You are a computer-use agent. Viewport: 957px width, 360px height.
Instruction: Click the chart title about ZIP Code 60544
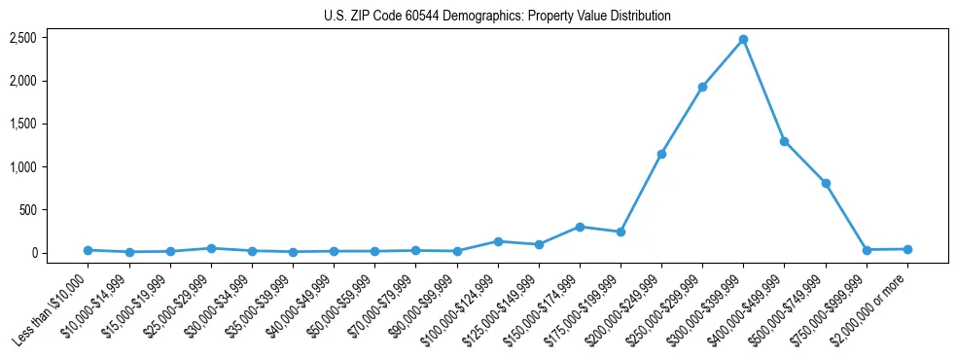click(497, 17)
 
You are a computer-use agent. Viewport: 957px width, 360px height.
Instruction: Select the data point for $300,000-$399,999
click(743, 40)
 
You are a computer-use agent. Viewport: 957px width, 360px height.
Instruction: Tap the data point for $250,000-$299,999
click(702, 87)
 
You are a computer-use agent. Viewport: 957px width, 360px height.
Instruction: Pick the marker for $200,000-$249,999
click(661, 154)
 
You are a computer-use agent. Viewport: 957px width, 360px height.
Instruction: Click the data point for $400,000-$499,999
click(784, 141)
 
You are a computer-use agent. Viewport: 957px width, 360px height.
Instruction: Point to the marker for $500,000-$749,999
click(826, 183)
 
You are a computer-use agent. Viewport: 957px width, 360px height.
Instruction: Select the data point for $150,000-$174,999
click(580, 227)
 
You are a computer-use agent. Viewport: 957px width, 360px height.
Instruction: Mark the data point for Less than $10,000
click(88, 250)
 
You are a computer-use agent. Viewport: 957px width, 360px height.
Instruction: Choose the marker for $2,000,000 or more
click(907, 249)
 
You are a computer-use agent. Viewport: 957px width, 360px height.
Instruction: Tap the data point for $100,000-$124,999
click(498, 241)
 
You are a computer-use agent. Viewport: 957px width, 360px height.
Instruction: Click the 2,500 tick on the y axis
click(23, 38)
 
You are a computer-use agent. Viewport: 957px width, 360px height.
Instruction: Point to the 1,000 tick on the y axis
click(23, 166)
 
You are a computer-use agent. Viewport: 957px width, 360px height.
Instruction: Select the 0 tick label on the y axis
click(33, 253)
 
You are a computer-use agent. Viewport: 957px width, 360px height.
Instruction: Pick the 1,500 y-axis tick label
click(23, 124)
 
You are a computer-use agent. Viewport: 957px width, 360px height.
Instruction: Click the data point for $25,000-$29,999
click(211, 248)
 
